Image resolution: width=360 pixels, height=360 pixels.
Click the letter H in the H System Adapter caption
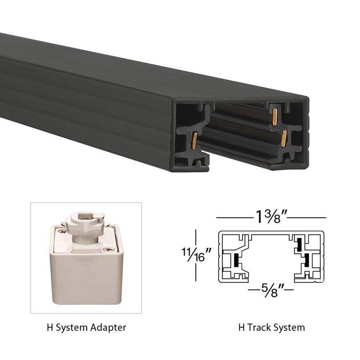(49, 328)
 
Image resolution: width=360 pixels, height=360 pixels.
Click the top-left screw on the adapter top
(60, 233)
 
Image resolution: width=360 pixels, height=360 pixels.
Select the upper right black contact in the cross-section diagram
(299, 245)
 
